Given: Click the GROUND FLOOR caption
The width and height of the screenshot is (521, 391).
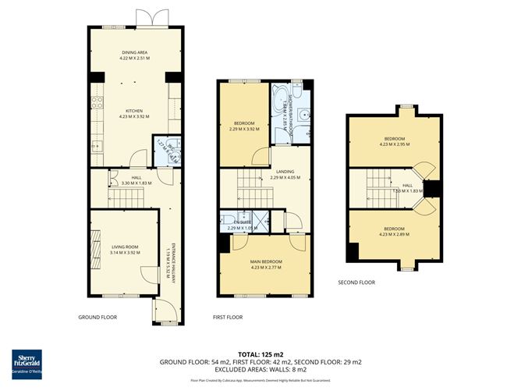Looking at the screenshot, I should point(97,318).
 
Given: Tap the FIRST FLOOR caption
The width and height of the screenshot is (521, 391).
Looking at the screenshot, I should point(229,318).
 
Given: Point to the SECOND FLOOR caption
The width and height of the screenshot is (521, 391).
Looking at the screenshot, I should point(356,282).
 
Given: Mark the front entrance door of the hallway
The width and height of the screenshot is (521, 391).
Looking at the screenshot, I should point(161,312).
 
